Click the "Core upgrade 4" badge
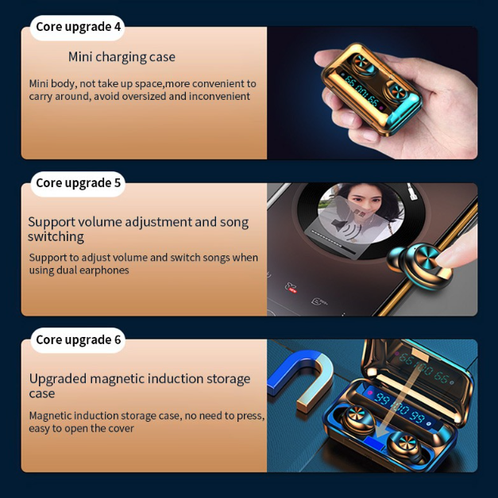[77, 27]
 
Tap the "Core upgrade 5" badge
[78, 183]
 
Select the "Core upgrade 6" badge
[78, 340]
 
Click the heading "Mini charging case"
[122, 57]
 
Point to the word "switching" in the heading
[56, 236]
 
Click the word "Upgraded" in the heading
[57, 379]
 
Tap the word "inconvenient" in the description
[219, 96]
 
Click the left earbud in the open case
[357, 420]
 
